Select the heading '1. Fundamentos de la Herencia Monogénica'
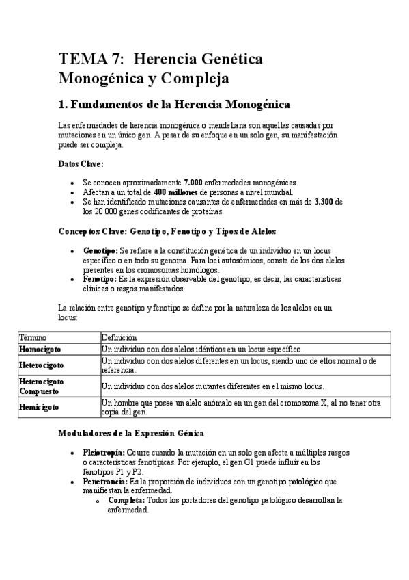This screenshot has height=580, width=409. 174,105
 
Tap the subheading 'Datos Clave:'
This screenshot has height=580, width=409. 81,164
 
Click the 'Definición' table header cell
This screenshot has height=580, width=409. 119,337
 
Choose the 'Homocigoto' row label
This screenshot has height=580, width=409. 40,349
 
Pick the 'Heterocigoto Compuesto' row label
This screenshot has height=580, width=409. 42,386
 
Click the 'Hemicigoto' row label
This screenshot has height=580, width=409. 39,407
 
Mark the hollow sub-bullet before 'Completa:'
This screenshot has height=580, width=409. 100,501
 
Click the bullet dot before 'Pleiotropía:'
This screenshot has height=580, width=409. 72,453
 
